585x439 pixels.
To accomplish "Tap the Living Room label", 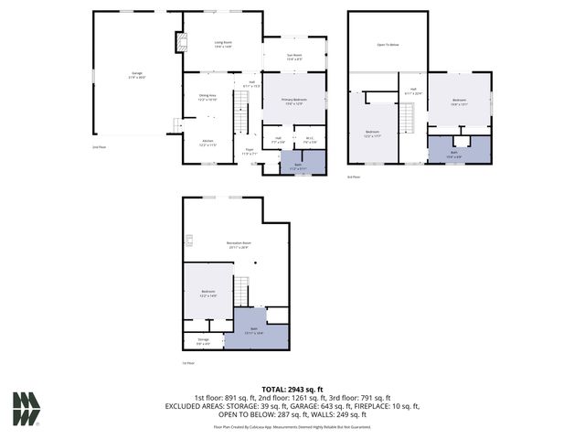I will [223, 44].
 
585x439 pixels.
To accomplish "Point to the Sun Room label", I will [294, 57].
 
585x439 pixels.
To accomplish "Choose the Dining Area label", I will [207, 97].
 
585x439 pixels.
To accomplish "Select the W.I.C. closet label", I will [310, 141].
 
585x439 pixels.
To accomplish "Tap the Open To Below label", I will [388, 44].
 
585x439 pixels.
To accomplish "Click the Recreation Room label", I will [239, 244].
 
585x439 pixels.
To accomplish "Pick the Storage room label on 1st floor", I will [203, 343].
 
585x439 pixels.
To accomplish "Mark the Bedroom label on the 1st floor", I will [207, 293].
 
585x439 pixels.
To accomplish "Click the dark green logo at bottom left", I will [27, 408].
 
